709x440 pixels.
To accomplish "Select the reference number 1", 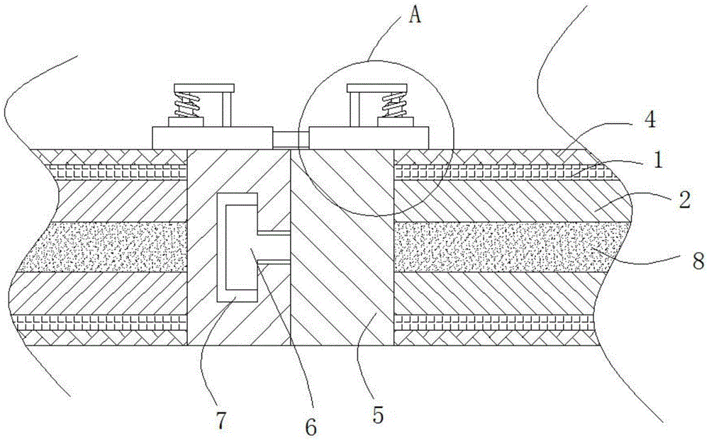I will coord(659,162).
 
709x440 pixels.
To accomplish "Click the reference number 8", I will coord(698,261).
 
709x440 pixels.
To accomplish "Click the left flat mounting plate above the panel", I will coord(212,137).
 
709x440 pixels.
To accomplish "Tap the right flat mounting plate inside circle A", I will coord(369,137).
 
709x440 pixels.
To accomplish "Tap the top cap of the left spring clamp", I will coord(203,89).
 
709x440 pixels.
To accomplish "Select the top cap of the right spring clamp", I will coord(376,89).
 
